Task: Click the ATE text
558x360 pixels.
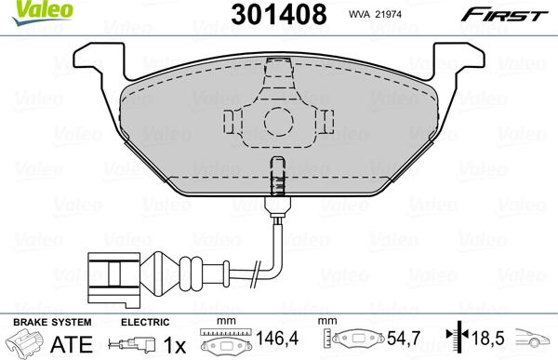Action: (x=66, y=343)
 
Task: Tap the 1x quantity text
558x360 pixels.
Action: (x=174, y=343)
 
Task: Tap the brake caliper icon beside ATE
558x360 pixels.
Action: (x=25, y=343)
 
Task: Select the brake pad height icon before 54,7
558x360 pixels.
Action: (x=359, y=341)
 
